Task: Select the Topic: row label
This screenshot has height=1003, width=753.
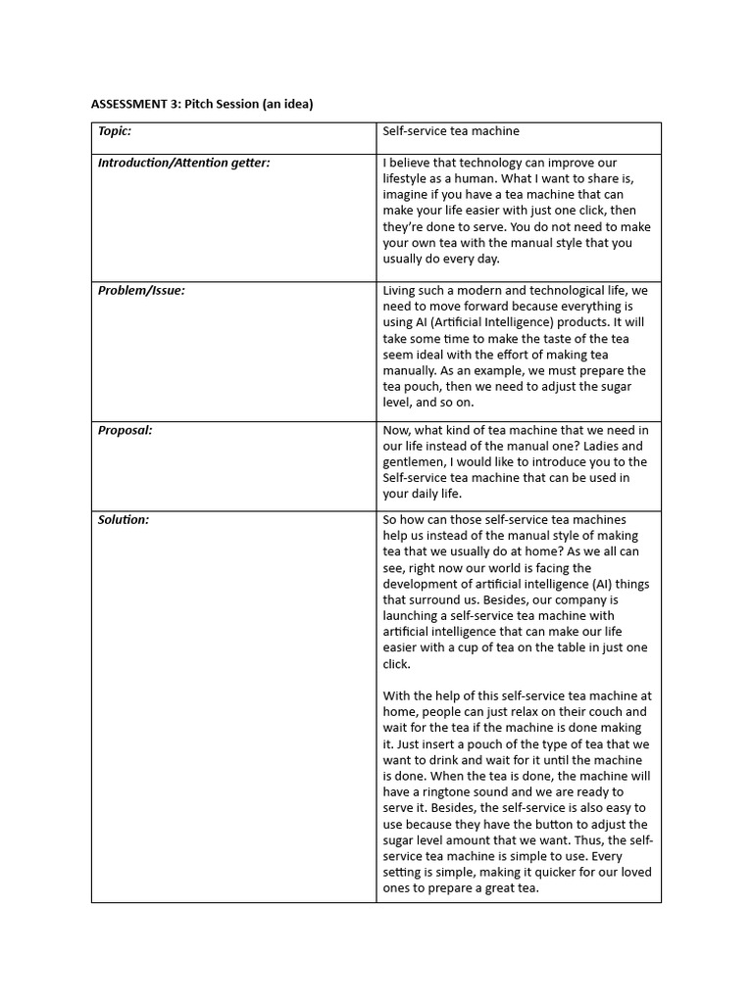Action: pos(115,131)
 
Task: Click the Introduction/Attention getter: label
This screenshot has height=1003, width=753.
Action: pos(183,163)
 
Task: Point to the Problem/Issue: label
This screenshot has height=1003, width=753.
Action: pos(141,290)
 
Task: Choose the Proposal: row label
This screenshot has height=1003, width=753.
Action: pos(125,430)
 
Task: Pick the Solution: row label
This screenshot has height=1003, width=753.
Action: pos(124,520)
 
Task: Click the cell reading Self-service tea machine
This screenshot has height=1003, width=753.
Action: pos(451,131)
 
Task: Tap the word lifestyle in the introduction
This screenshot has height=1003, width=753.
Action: pos(406,179)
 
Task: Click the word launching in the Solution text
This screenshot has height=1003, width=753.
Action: pos(412,616)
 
